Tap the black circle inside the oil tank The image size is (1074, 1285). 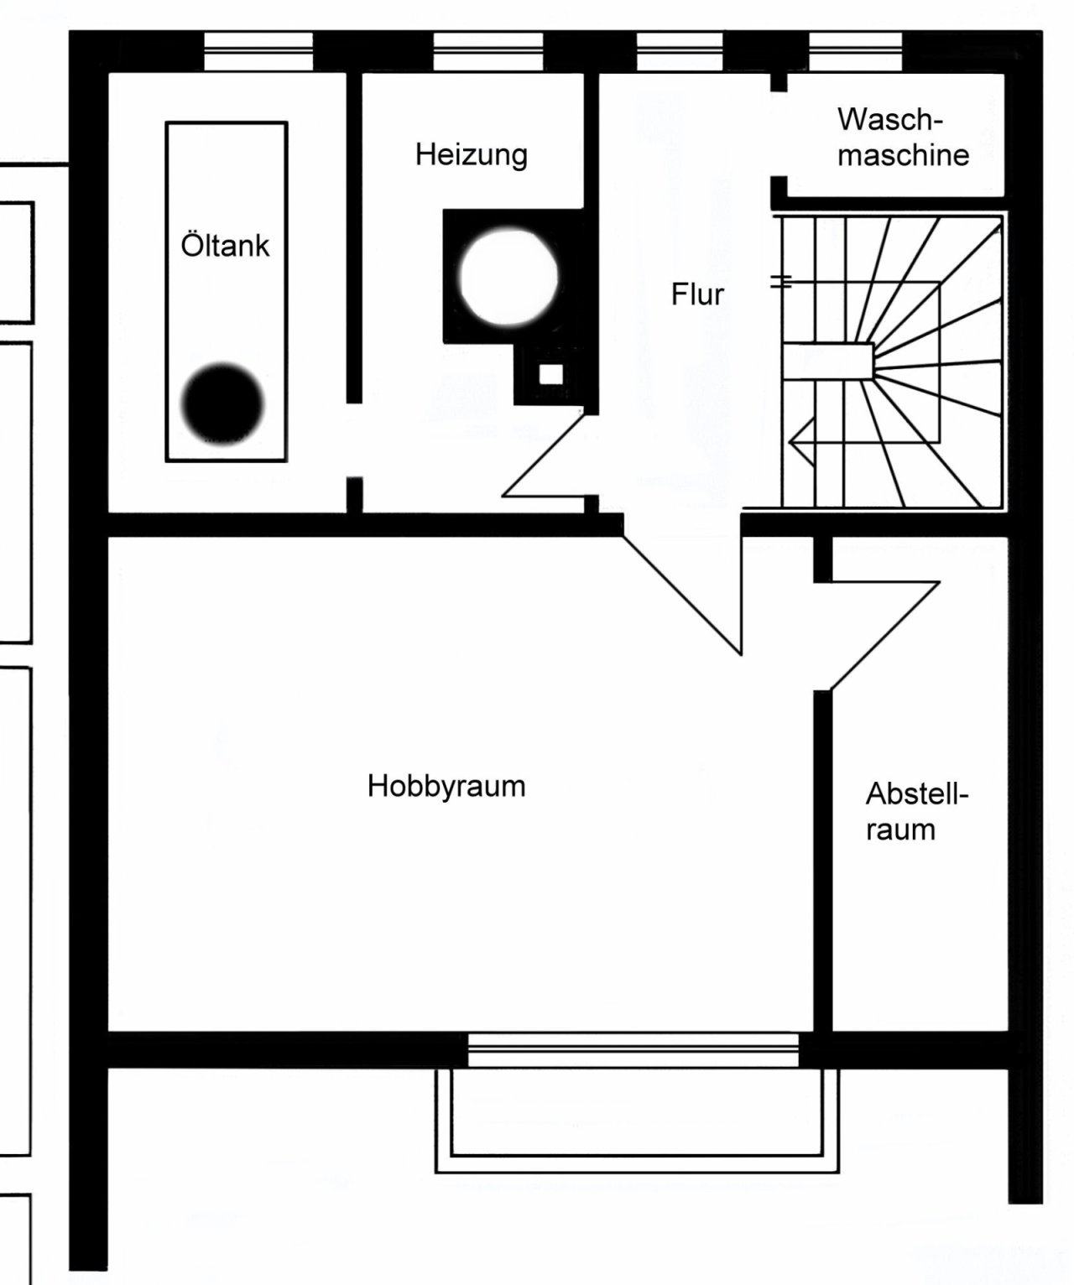(x=222, y=403)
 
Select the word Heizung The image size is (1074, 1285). (x=471, y=154)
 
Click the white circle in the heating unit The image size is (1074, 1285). (x=508, y=276)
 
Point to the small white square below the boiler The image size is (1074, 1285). (x=551, y=374)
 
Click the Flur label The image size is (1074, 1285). (x=697, y=294)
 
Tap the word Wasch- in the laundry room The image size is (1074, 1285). (x=890, y=119)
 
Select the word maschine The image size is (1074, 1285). (x=903, y=155)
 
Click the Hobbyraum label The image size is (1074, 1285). (x=446, y=786)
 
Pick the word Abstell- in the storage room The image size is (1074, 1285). (x=917, y=793)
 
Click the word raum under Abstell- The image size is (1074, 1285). (x=900, y=830)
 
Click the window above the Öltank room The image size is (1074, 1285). (x=258, y=51)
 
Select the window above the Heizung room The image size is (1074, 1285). (x=488, y=51)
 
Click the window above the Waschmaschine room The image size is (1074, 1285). (x=855, y=51)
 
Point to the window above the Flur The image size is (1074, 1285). (x=680, y=51)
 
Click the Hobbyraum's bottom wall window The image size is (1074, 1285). (x=633, y=1050)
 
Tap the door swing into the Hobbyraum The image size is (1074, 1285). (x=681, y=596)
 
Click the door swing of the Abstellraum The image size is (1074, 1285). (x=885, y=636)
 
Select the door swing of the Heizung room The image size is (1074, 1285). (x=543, y=456)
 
